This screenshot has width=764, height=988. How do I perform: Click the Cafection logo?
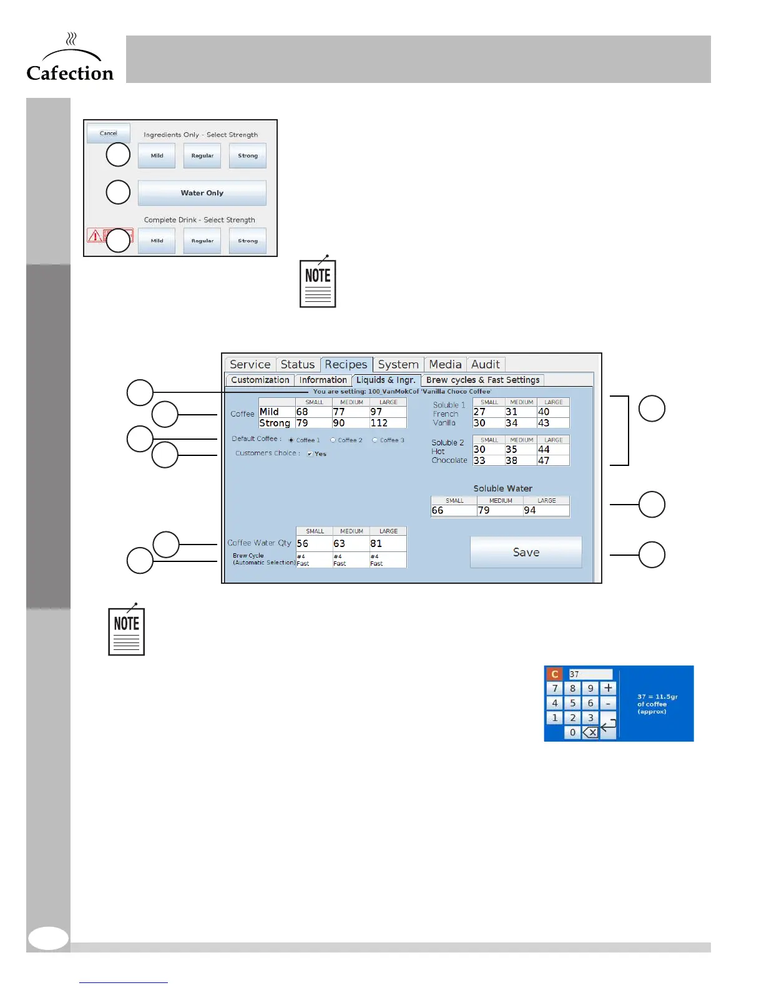[70, 59]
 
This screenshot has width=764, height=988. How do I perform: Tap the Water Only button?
[202, 193]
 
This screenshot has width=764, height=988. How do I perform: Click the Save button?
[526, 553]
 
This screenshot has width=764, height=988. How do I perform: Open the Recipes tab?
[346, 364]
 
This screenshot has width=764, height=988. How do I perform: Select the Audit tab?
[485, 364]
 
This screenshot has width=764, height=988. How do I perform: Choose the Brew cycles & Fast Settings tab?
[482, 380]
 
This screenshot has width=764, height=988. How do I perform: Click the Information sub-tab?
[323, 380]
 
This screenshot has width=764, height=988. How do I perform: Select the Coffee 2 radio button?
[333, 440]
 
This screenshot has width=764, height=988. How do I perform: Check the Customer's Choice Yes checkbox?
[310, 454]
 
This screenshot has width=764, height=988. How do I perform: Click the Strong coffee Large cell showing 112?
[387, 423]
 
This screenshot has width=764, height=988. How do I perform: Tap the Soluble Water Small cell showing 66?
[453, 510]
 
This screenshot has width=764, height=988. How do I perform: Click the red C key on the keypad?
[554, 674]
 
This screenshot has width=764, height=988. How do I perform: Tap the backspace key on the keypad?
[590, 733]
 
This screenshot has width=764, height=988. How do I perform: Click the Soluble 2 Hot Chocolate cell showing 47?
[552, 460]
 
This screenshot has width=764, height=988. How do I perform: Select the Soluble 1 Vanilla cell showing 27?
[487, 412]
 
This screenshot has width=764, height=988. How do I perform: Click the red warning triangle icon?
[95, 236]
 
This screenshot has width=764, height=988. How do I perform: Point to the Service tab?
[250, 364]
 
